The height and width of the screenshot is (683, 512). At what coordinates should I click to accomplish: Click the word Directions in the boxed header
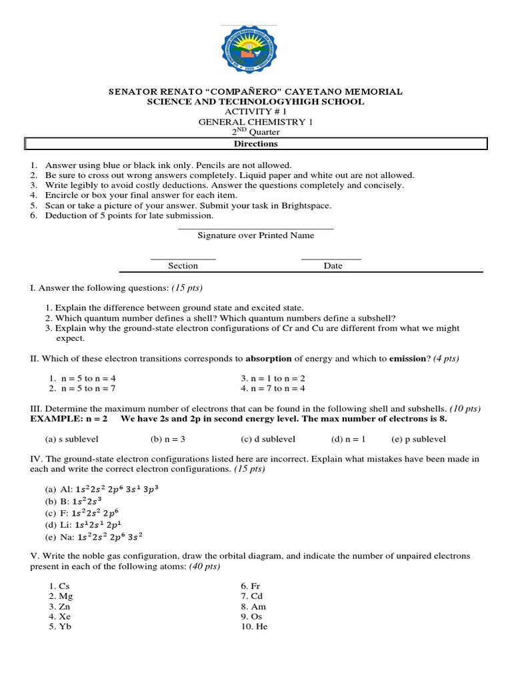pyautogui.click(x=255, y=143)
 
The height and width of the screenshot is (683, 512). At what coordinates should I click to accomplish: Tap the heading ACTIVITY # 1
pyautogui.click(x=255, y=111)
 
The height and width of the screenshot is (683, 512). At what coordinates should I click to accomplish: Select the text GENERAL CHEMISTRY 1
pyautogui.click(x=255, y=122)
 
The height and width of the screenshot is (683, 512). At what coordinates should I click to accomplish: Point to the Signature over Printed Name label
pyautogui.click(x=256, y=235)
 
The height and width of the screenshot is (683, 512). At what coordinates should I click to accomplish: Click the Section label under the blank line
pyautogui.click(x=183, y=265)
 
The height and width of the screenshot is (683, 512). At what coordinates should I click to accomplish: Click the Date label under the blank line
pyautogui.click(x=333, y=265)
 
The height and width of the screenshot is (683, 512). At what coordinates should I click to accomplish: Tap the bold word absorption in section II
pyautogui.click(x=269, y=358)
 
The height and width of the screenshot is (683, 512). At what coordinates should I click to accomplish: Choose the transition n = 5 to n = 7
pyautogui.click(x=87, y=388)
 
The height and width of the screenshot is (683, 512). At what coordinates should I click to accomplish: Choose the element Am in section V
pyautogui.click(x=257, y=607)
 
